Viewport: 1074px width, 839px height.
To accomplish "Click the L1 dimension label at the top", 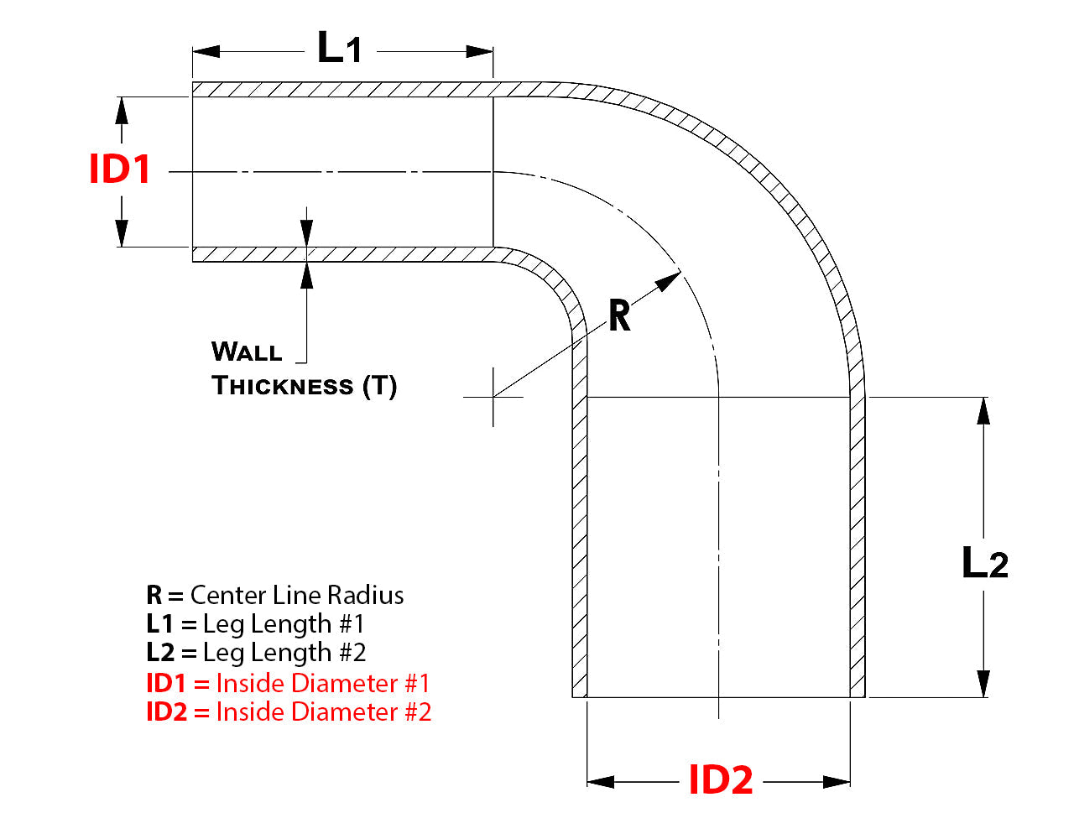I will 340,48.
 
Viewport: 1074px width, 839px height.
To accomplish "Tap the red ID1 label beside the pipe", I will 120,169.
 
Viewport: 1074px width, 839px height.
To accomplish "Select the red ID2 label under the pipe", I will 720,780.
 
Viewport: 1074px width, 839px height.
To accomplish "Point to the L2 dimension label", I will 984,563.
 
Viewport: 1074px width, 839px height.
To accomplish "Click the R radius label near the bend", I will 619,316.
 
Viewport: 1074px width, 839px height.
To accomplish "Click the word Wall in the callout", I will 247,352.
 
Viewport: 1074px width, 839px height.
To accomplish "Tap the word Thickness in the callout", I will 283,386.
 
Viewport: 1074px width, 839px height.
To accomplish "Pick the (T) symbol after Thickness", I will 379,386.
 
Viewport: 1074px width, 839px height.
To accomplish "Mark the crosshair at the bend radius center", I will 493,397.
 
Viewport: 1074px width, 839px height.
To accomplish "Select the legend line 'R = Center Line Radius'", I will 275,595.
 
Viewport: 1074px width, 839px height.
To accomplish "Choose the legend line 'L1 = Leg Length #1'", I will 256,623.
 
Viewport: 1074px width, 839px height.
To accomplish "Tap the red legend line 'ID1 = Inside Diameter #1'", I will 288,683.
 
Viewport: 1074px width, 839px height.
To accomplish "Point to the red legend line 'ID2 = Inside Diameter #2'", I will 289,711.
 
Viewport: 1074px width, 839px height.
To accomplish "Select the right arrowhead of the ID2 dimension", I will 837,782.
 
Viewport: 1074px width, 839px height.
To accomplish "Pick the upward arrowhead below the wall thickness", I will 307,274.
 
